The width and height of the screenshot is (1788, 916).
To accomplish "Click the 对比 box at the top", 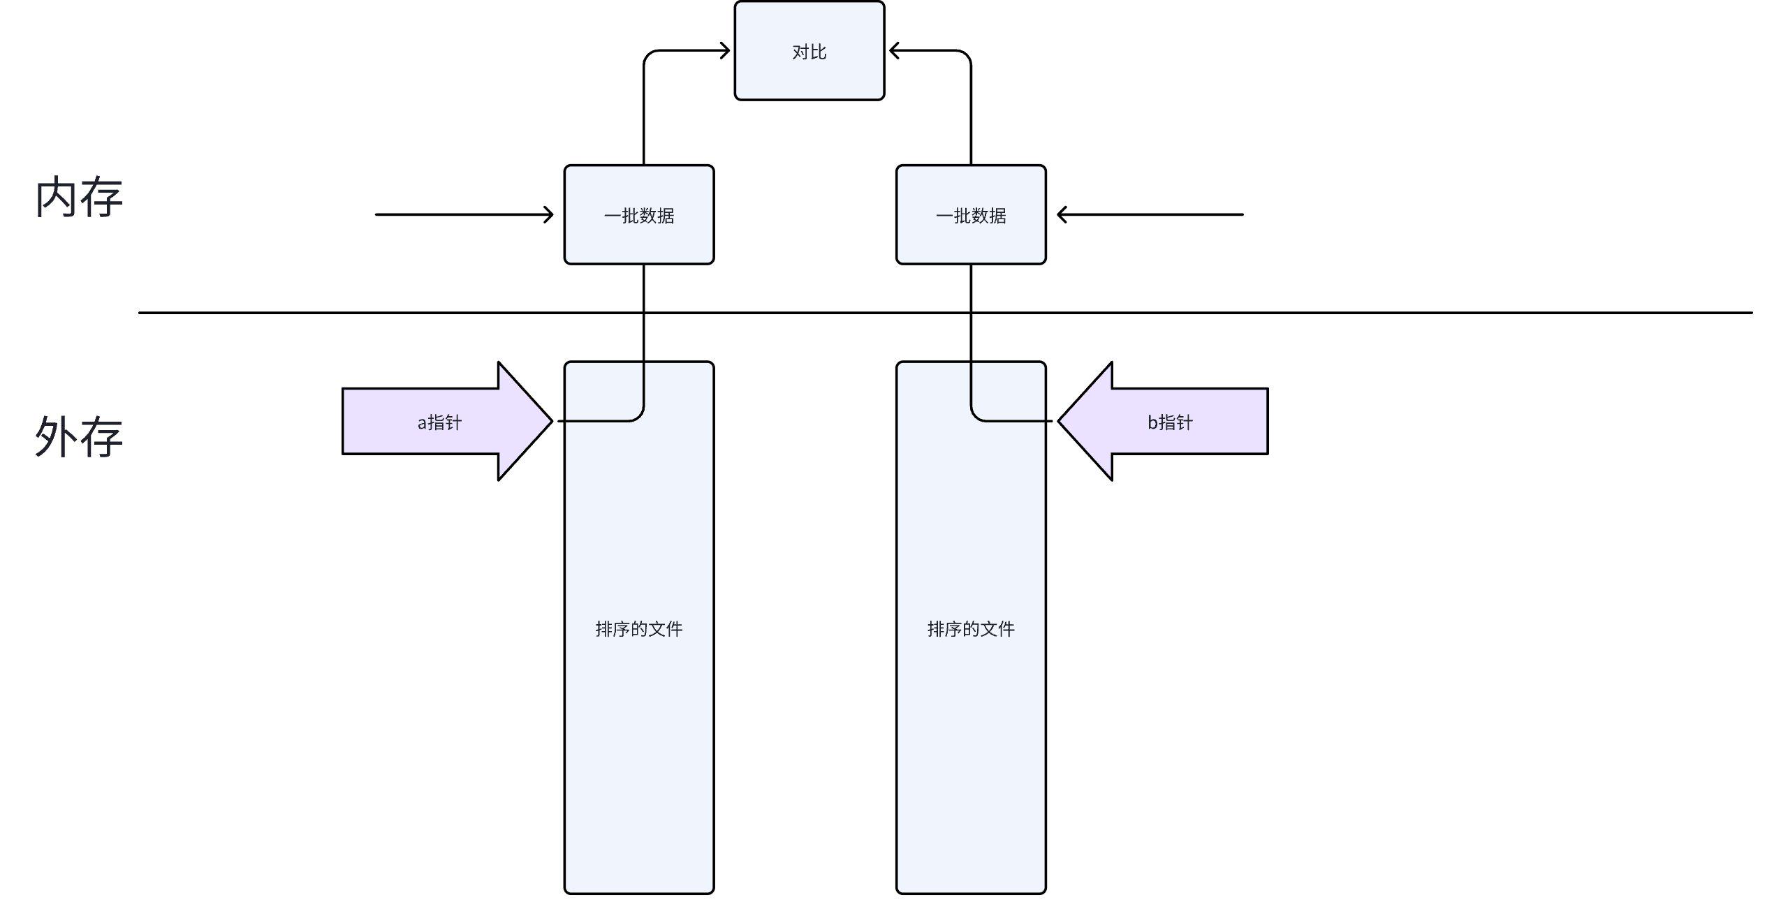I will click(809, 50).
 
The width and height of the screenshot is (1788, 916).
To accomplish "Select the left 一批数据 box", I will click(638, 215).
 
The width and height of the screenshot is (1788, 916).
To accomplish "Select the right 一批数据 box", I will click(970, 215).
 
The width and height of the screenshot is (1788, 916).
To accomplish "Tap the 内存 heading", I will click(79, 198).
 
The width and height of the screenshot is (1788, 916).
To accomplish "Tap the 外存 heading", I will click(79, 437).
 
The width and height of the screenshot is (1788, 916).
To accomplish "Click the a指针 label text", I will click(439, 422).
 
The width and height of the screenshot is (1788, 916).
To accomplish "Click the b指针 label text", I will click(1170, 422).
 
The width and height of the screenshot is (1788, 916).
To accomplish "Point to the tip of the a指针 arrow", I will click(550, 421).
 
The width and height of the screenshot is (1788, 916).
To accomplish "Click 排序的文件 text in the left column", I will click(638, 629).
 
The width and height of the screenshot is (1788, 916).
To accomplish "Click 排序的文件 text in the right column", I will click(970, 629).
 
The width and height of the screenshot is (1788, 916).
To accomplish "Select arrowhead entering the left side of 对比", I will click(726, 50).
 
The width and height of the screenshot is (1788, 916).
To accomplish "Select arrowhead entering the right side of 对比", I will click(893, 50).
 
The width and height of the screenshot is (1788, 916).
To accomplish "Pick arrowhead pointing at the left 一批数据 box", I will click(549, 214).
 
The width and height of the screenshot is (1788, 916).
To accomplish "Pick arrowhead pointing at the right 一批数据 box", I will click(1062, 214).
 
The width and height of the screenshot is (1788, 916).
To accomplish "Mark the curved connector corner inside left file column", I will click(638, 416).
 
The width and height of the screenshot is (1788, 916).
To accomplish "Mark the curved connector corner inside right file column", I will click(976, 416).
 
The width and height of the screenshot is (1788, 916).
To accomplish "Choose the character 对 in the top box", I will click(800, 52).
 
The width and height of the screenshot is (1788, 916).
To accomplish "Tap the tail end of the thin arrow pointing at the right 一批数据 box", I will click(1241, 214).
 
